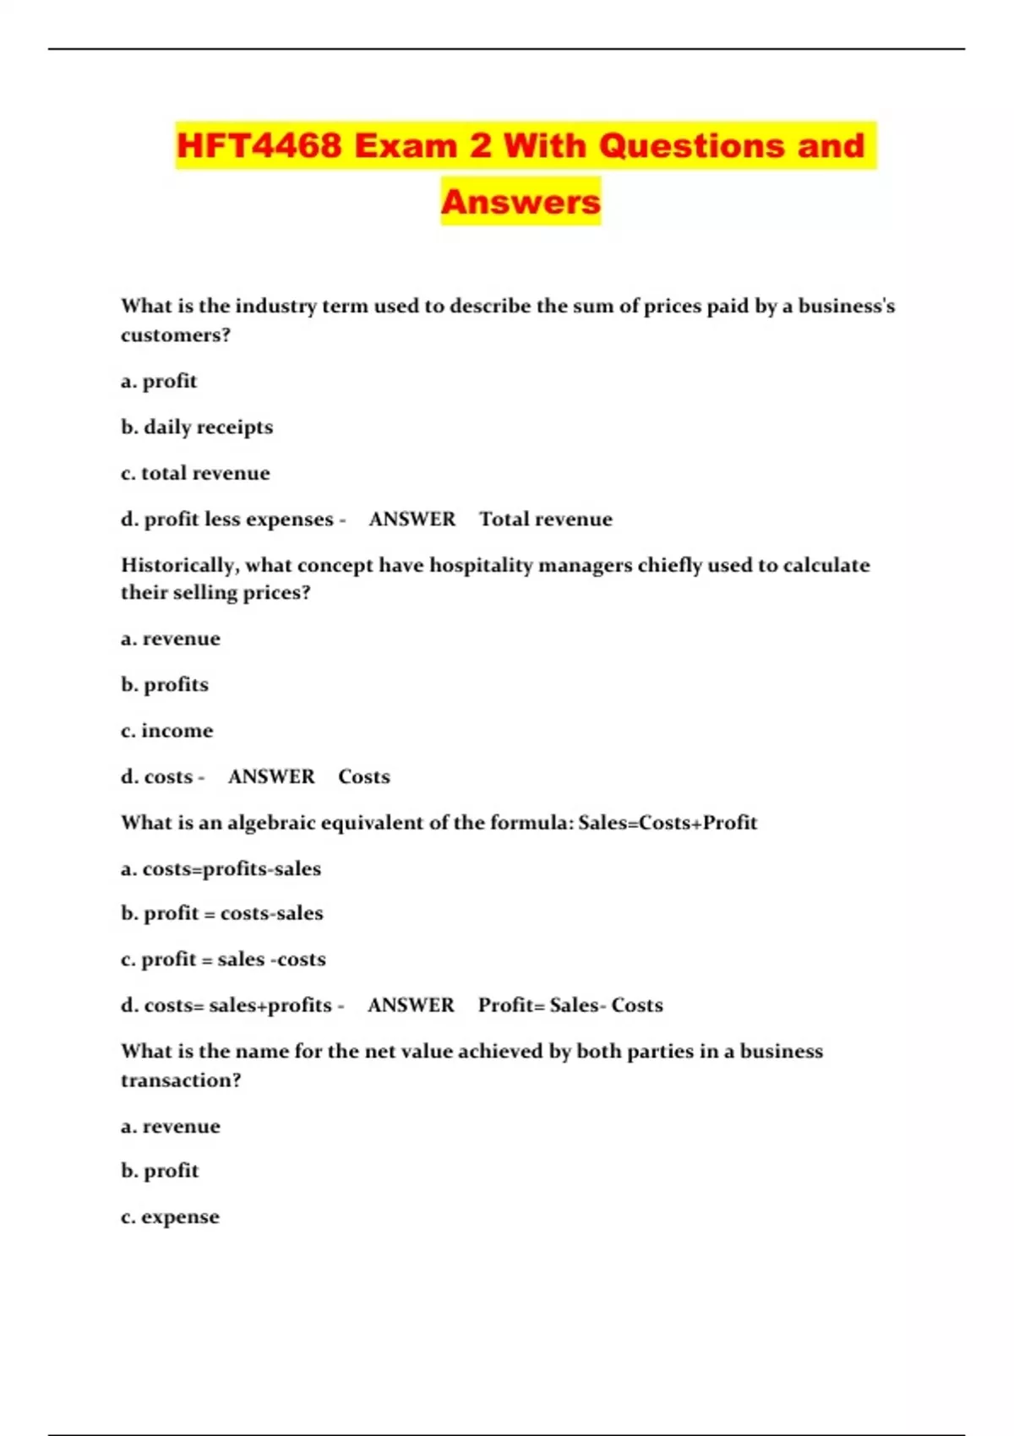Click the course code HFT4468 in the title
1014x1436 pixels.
[x=259, y=145]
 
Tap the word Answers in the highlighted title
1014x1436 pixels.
[x=521, y=202]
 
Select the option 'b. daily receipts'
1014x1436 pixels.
[x=197, y=427]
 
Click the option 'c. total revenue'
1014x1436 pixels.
[x=195, y=473]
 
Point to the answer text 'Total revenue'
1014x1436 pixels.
[x=546, y=519]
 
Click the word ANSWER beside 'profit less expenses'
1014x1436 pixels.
[x=412, y=519]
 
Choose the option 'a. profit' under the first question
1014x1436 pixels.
[x=159, y=381]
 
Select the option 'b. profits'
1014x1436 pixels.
[x=165, y=684]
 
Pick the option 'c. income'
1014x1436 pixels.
[x=167, y=731]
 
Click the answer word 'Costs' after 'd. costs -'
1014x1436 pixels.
[x=364, y=777]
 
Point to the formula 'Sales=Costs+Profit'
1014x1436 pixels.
[x=668, y=823]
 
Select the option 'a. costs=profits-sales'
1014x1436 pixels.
[x=221, y=869]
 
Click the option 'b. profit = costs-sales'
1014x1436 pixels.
[x=222, y=913]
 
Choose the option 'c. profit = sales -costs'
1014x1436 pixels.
[x=223, y=960]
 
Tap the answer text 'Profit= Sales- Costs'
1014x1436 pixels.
[x=570, y=1005]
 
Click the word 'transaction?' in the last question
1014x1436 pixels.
[x=181, y=1080]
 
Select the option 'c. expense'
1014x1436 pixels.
[x=170, y=1217]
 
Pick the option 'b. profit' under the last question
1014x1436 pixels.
[x=160, y=1171]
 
